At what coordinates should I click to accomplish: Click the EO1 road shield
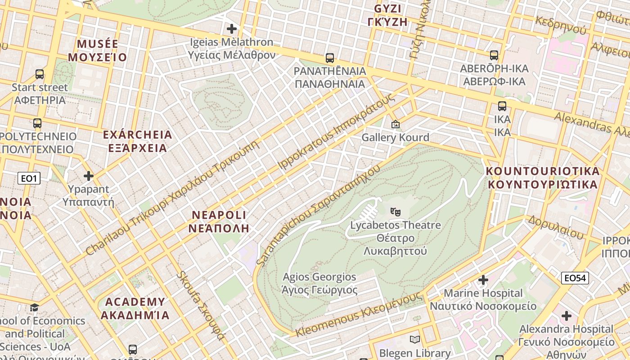click(x=29, y=179)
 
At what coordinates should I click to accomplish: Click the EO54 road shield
click(x=575, y=278)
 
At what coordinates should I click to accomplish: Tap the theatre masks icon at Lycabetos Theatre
click(x=396, y=211)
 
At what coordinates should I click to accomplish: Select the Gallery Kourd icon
click(x=396, y=124)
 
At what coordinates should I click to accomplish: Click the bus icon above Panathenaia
click(x=330, y=58)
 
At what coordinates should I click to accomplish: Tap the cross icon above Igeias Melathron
click(x=232, y=29)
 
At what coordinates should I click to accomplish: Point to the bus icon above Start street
click(x=40, y=74)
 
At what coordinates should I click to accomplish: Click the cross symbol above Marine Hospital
click(x=483, y=280)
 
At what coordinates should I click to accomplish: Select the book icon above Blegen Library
click(x=415, y=340)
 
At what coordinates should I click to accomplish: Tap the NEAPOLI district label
click(x=219, y=221)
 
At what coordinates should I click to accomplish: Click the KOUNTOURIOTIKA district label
click(x=543, y=178)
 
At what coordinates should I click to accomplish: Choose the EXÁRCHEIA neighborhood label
click(x=137, y=141)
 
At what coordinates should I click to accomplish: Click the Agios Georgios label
click(x=319, y=283)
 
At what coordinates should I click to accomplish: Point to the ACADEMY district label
click(x=135, y=308)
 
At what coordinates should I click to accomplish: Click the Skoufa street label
click(x=201, y=306)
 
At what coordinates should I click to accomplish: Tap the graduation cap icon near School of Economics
click(x=34, y=308)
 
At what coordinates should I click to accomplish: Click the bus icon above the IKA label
click(x=502, y=107)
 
